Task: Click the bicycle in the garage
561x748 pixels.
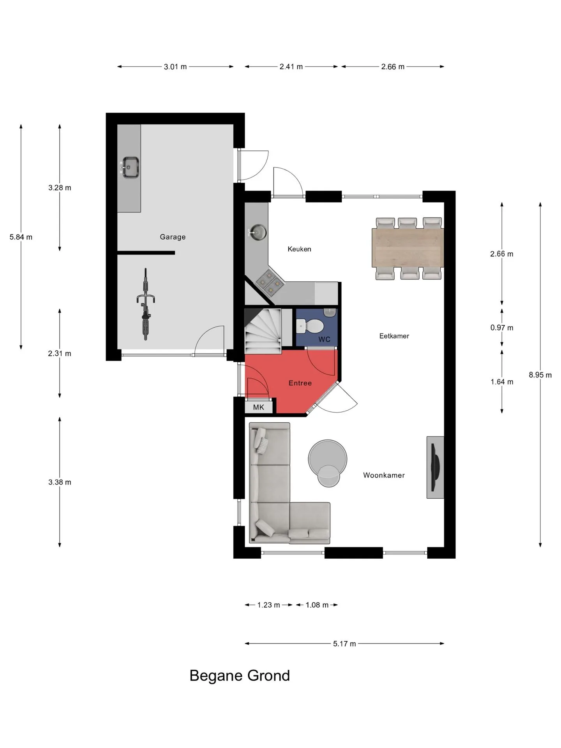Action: click(146, 304)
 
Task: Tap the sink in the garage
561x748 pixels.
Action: click(129, 168)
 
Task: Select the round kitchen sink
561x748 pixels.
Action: click(258, 233)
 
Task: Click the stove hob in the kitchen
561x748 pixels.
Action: click(270, 282)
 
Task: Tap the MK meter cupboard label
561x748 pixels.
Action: click(259, 407)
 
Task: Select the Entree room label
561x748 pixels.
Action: click(300, 383)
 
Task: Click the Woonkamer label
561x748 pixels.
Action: click(384, 475)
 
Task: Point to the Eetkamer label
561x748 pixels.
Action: click(394, 336)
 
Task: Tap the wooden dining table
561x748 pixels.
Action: click(408, 248)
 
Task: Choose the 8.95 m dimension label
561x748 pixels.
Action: click(540, 375)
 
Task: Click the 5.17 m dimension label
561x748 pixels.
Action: click(344, 644)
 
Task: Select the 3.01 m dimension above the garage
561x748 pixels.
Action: click(175, 67)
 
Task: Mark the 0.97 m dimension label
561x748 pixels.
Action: click(502, 328)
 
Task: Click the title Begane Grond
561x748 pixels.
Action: click(240, 675)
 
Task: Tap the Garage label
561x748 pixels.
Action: click(173, 237)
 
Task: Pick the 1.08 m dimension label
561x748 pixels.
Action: click(317, 605)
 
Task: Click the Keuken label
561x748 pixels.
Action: click(299, 249)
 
